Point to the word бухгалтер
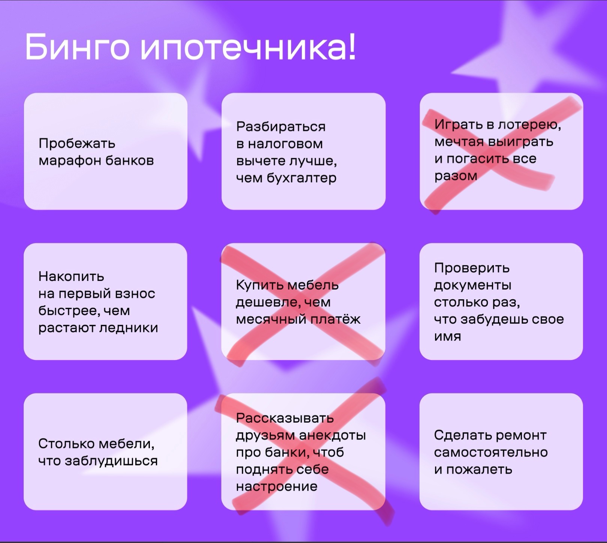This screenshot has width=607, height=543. pyautogui.click(x=302, y=178)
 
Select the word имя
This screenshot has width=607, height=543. pyautogui.click(x=447, y=336)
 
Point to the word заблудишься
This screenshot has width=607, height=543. pyautogui.click(x=111, y=461)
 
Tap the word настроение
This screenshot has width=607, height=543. pyautogui.click(x=277, y=487)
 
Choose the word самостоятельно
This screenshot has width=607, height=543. pyautogui.click(x=491, y=453)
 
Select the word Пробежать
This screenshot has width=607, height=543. pyautogui.click(x=77, y=144)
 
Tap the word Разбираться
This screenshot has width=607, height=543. pyautogui.click(x=281, y=127)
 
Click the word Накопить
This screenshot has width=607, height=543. pyautogui.click(x=71, y=277)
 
